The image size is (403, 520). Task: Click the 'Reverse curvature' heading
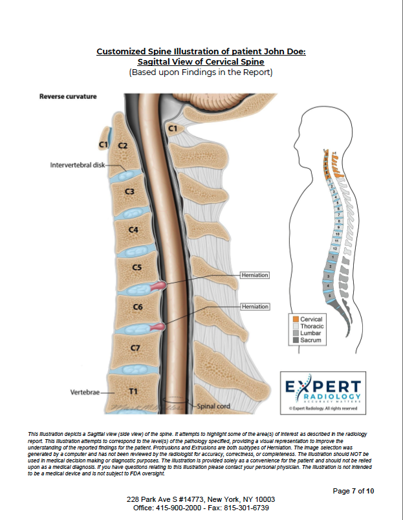(x=68, y=96)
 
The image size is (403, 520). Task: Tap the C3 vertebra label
(x=129, y=191)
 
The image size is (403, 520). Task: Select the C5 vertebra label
(x=136, y=266)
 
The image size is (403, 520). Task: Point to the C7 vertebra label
(x=135, y=348)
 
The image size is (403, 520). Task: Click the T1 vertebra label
(x=134, y=392)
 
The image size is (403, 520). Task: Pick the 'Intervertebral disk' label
(x=77, y=165)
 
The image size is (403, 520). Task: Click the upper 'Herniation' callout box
(x=254, y=275)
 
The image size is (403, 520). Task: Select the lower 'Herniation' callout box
(x=254, y=306)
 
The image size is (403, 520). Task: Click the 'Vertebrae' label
(x=84, y=393)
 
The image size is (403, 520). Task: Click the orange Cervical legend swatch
(x=294, y=320)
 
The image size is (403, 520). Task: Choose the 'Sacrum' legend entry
(x=310, y=340)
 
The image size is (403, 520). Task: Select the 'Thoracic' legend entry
(x=312, y=326)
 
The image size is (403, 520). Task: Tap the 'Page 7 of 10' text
(x=353, y=491)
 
